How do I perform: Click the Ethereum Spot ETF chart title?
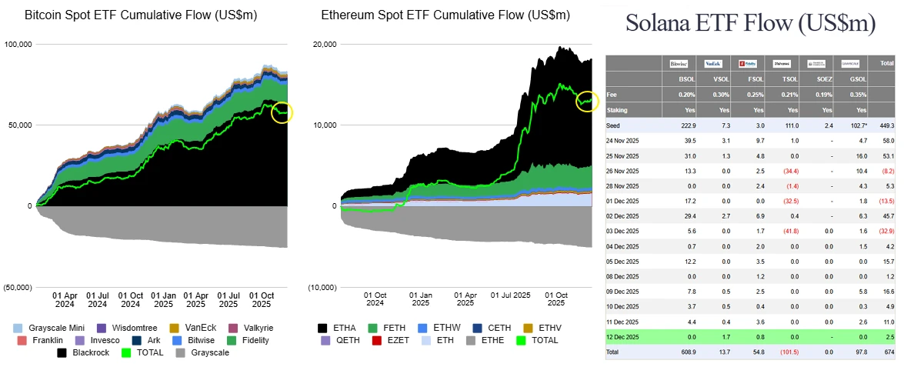445,15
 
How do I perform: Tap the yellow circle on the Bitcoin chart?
283,113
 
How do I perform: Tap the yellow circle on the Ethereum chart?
587,101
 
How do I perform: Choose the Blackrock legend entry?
91,352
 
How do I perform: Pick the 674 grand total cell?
886,352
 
